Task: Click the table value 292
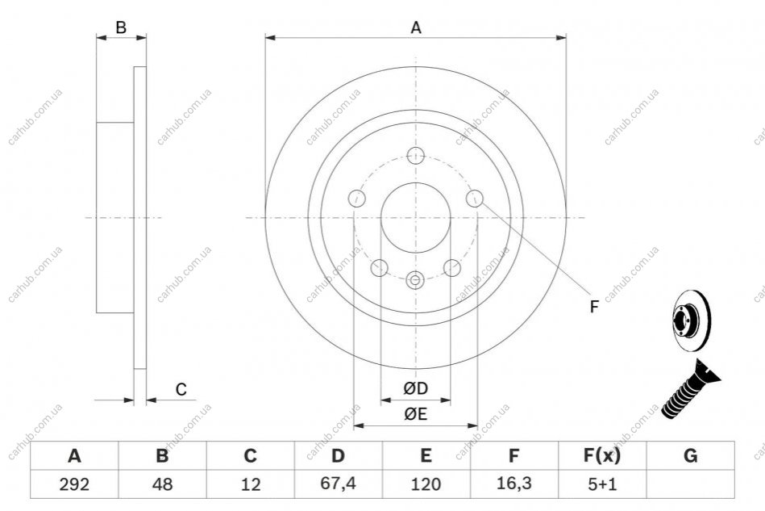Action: click(x=74, y=484)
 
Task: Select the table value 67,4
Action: click(x=338, y=484)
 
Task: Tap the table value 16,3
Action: click(x=513, y=484)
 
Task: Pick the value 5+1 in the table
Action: click(x=602, y=484)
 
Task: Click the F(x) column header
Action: click(x=602, y=455)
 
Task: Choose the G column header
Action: click(x=690, y=455)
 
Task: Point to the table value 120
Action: click(x=426, y=484)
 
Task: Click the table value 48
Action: click(x=162, y=484)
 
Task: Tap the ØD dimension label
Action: click(x=416, y=388)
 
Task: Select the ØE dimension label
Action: click(x=416, y=414)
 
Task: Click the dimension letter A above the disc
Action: click(x=416, y=27)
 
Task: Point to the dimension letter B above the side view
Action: click(x=121, y=27)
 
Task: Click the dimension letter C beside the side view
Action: click(x=181, y=389)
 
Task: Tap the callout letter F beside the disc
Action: click(x=594, y=307)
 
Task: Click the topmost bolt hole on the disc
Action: click(x=416, y=155)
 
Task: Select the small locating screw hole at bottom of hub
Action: click(x=414, y=280)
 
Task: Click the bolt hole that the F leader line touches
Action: click(x=474, y=199)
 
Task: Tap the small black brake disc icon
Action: click(x=692, y=320)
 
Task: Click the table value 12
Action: click(x=250, y=484)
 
